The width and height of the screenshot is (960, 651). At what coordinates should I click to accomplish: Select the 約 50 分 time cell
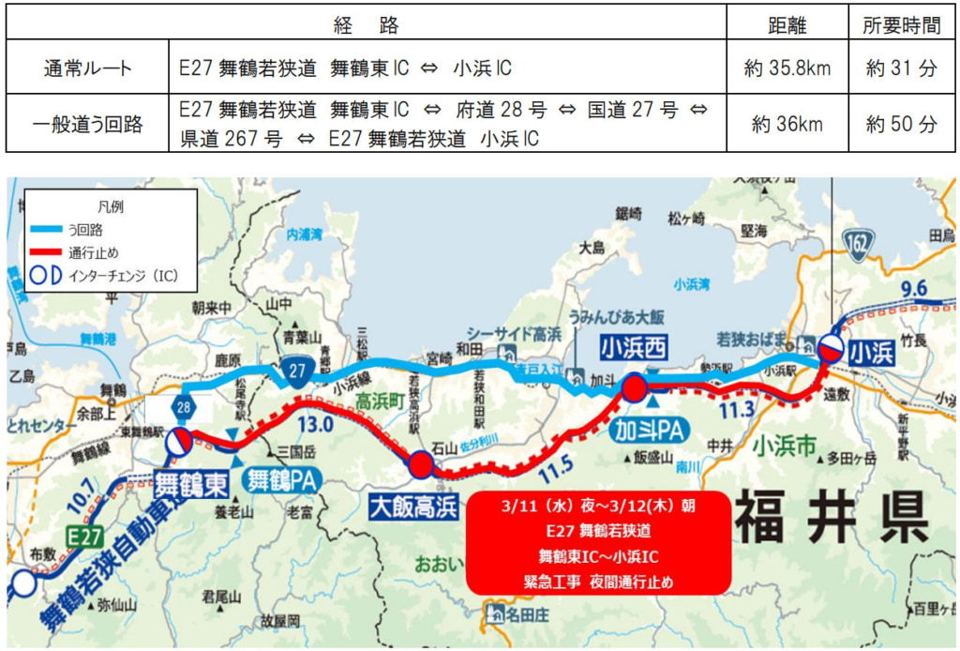pos(901,123)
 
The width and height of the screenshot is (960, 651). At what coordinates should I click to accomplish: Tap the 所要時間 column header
pos(901,24)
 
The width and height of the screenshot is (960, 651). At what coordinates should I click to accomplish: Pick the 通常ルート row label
pos(87,68)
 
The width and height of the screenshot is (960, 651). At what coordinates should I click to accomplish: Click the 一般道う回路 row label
pos(87,123)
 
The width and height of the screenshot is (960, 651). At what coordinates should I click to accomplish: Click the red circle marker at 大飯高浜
pos(421,463)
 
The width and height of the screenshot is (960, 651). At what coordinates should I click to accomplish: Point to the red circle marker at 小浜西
pos(635,387)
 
